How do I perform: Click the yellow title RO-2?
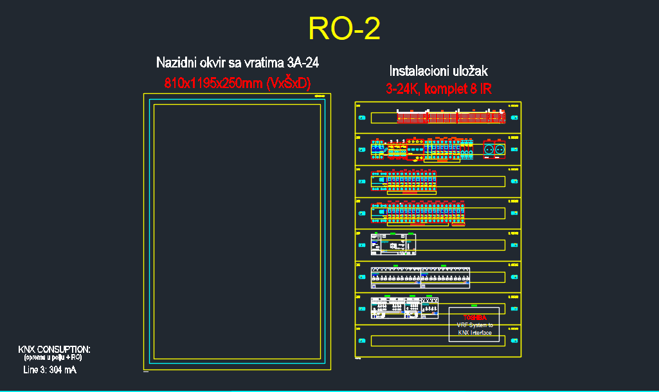point(344,29)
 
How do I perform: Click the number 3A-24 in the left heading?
point(303,62)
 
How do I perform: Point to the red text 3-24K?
point(401,89)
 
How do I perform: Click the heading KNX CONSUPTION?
point(54,349)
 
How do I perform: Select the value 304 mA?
point(62,370)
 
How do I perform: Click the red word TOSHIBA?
point(474,317)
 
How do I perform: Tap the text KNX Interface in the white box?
point(474,333)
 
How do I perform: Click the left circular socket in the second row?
point(489,149)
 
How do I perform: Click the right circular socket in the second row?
point(499,149)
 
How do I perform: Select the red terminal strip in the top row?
point(450,118)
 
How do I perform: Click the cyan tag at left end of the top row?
point(361,118)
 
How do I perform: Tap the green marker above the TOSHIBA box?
point(474,305)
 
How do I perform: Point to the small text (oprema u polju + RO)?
point(53,357)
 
